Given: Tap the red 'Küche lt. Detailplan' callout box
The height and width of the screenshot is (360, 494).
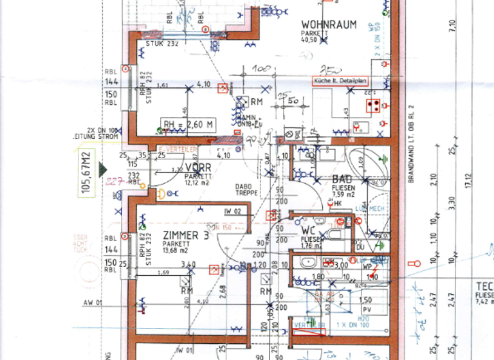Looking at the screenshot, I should (340, 82).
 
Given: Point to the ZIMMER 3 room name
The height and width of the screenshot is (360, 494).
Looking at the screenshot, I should (186, 235).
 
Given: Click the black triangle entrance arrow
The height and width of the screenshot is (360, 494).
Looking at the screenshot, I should (102, 169).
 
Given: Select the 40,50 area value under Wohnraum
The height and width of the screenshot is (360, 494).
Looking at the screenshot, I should (310, 40).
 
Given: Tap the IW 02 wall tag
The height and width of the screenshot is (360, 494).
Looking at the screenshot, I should (232, 212).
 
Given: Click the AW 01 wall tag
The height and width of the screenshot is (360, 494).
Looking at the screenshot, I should (93, 302).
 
